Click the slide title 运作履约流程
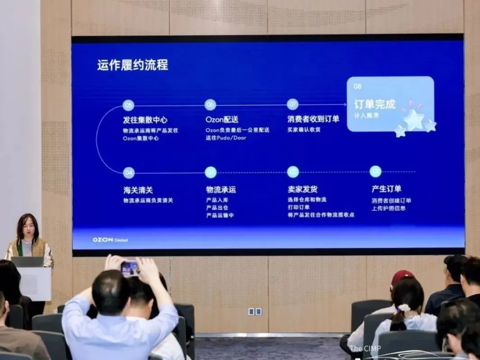coord(132,65)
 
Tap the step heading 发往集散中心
coord(145,120)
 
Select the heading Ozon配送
coord(222,120)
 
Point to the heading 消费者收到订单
coord(313,119)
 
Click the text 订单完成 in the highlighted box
coord(374,105)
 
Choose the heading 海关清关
coord(138,190)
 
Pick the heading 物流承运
coord(221,189)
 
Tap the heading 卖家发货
coord(303,189)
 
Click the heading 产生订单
coord(386,189)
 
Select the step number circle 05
coord(128,105)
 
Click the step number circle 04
coord(128,172)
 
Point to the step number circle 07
coord(293,105)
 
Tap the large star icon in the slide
coord(413,119)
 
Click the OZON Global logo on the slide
coord(110,240)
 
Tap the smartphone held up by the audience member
coord(130,269)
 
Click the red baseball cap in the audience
coord(402,276)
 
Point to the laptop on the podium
coord(27,261)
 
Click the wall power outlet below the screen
coord(255,311)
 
